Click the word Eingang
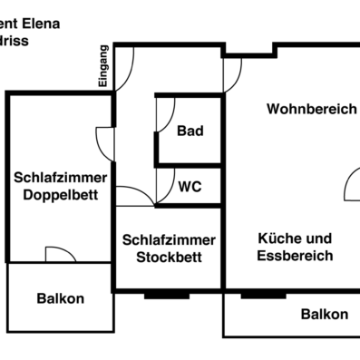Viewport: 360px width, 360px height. (x=104, y=66)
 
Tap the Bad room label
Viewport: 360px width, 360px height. (x=190, y=131)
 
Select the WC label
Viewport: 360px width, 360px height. (x=190, y=187)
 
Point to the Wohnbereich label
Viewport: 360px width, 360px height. (x=311, y=109)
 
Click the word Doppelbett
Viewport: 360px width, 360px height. (x=61, y=195)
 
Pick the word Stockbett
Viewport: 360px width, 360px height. (x=170, y=257)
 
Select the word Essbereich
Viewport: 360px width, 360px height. (x=295, y=256)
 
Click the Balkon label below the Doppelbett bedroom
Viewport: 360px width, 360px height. (x=61, y=298)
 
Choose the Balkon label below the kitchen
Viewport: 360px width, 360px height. (x=324, y=314)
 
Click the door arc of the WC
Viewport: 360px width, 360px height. (x=166, y=186)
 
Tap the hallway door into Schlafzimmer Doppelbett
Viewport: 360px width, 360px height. (x=106, y=141)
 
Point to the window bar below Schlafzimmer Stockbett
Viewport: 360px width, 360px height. (x=166, y=294)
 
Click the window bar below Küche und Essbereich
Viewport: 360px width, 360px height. (x=263, y=294)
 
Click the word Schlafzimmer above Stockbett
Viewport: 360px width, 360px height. (x=170, y=239)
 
